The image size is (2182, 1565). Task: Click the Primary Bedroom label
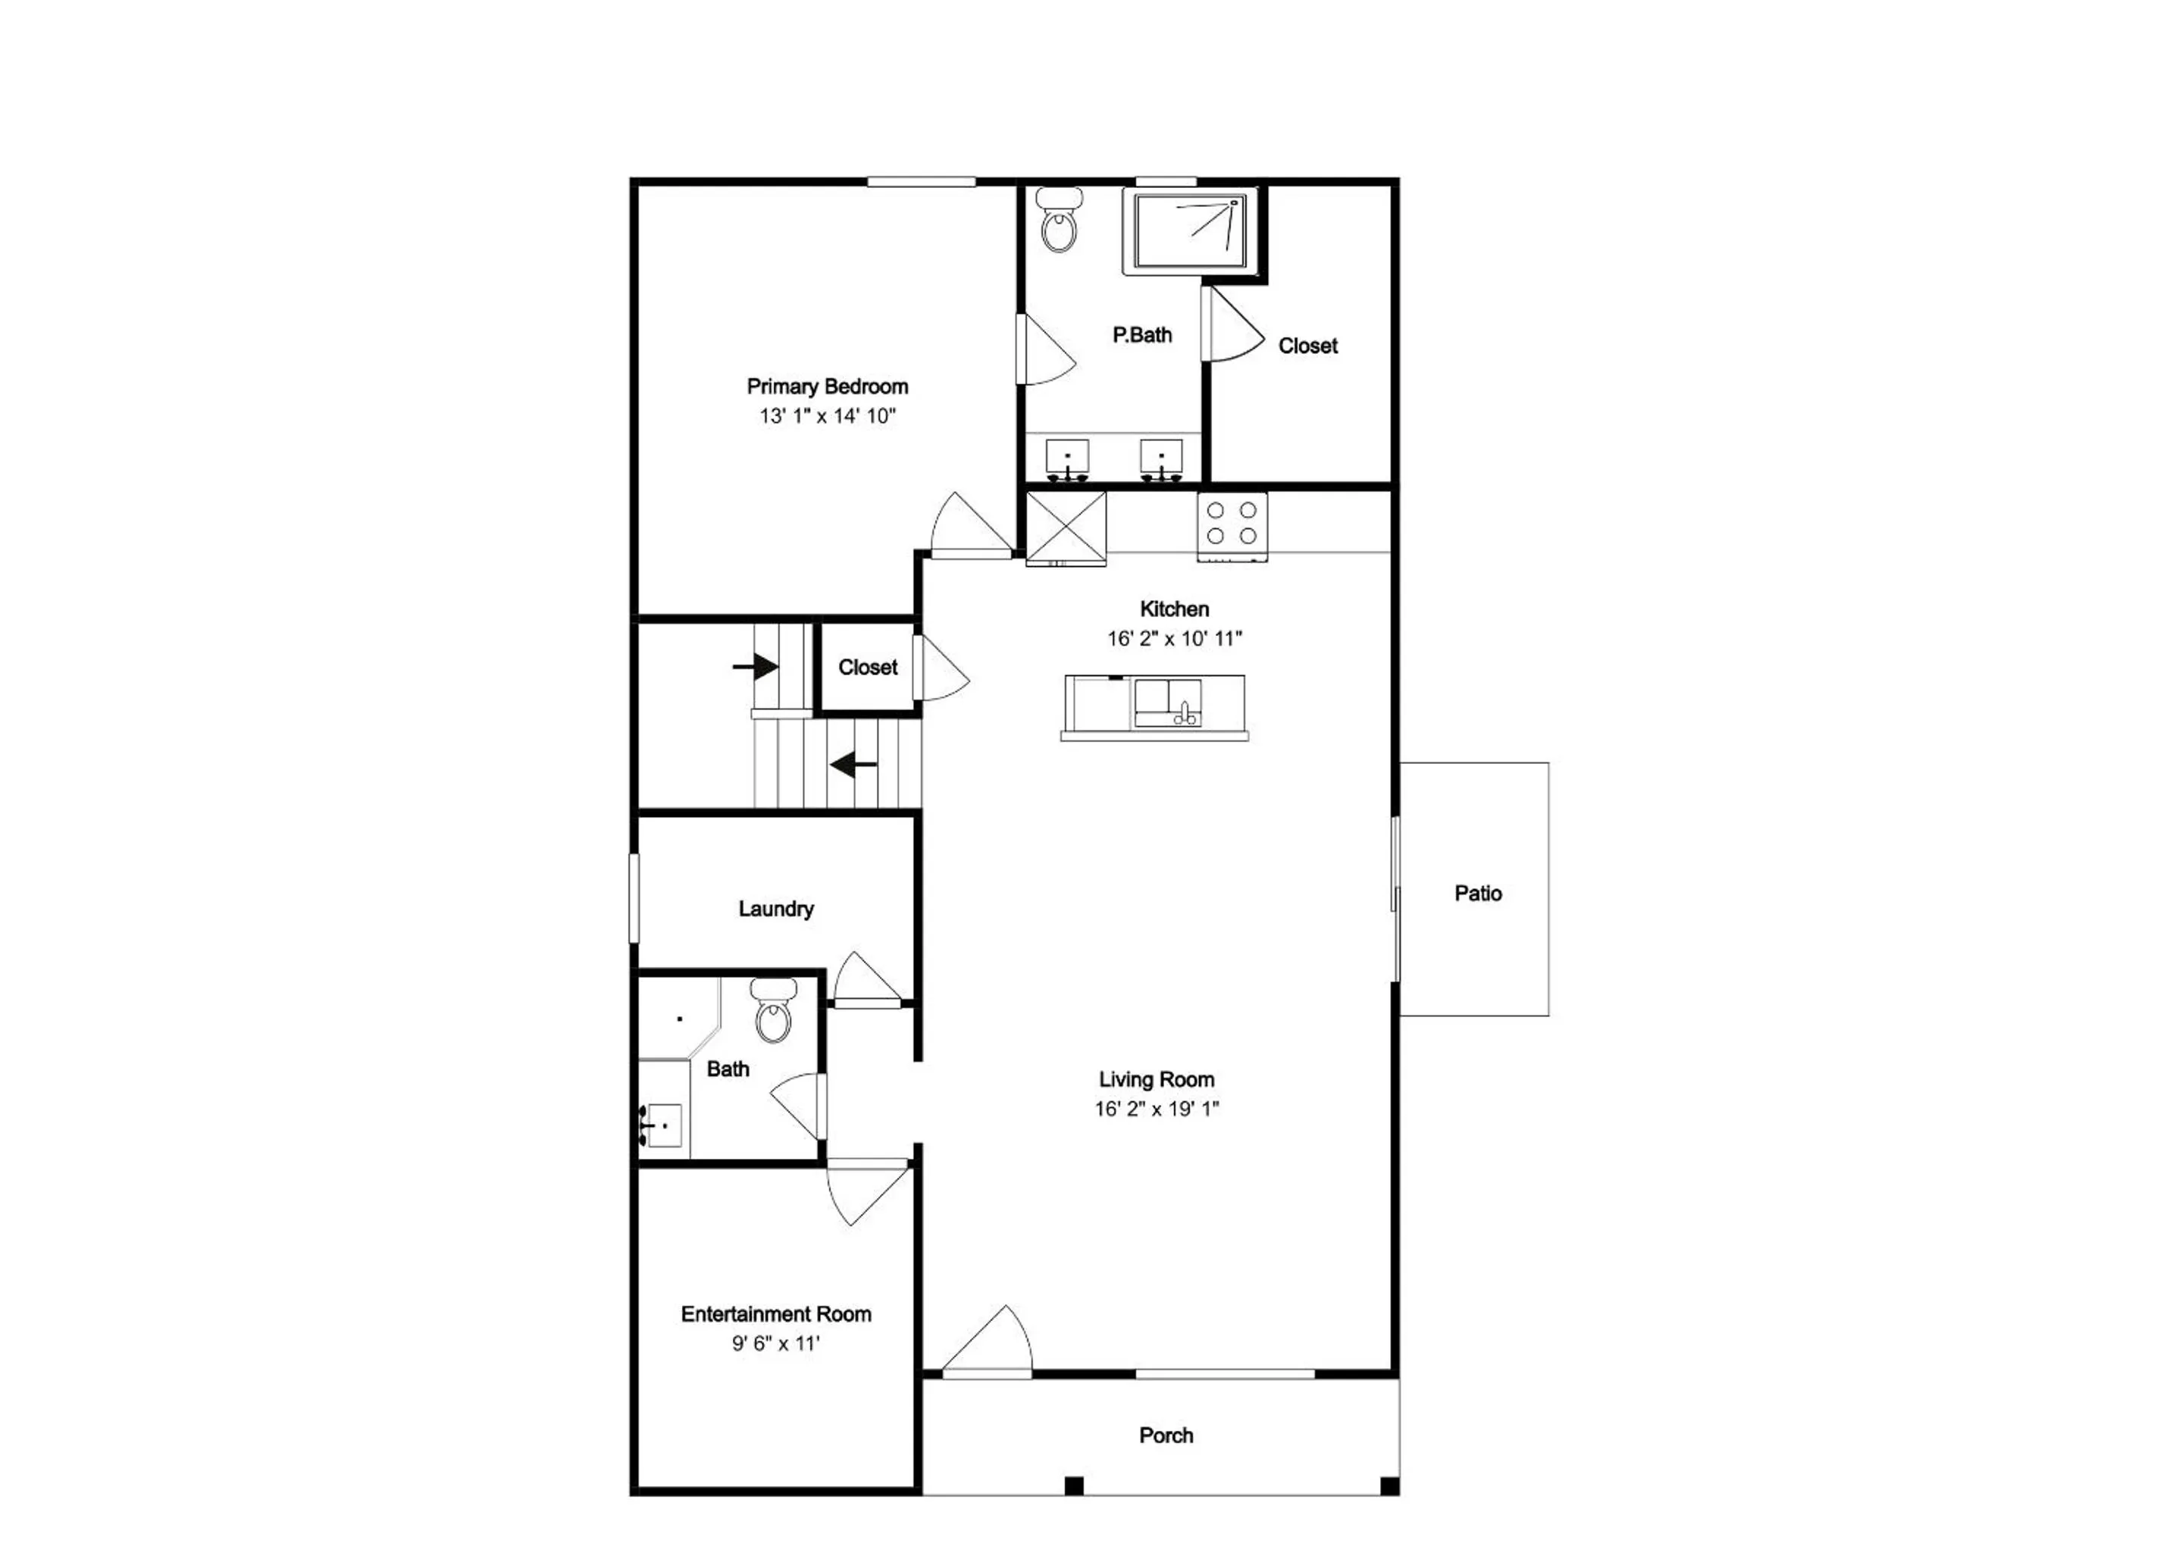pyautogui.click(x=828, y=387)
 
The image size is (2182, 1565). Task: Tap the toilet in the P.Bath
pyautogui.click(x=1060, y=221)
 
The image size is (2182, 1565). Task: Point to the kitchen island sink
pyautogui.click(x=1168, y=703)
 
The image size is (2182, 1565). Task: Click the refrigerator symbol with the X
pyautogui.click(x=1066, y=528)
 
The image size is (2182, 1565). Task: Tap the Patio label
pyautogui.click(x=1478, y=894)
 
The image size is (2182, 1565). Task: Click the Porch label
pyautogui.click(x=1166, y=1435)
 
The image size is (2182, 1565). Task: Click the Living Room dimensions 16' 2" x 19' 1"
pyautogui.click(x=1157, y=1109)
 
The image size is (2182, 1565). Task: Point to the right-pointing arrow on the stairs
pyautogui.click(x=756, y=665)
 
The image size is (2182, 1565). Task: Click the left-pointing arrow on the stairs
pyautogui.click(x=853, y=765)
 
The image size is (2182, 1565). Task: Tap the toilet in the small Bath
pyautogui.click(x=774, y=1010)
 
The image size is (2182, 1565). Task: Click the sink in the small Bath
pyautogui.click(x=662, y=1125)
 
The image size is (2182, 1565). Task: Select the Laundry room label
pyautogui.click(x=776, y=909)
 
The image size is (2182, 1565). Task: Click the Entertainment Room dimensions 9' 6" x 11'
pyautogui.click(x=776, y=1344)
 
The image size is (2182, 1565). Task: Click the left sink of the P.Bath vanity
pyautogui.click(x=1067, y=460)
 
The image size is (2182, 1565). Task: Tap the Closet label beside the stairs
pyautogui.click(x=868, y=668)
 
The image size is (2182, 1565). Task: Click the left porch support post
pyautogui.click(x=1075, y=1485)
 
